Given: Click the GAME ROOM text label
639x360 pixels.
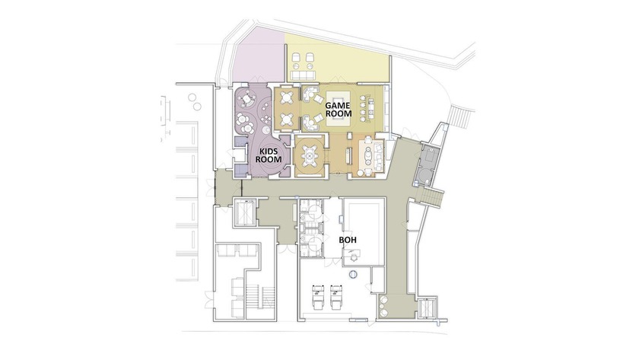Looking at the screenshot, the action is pos(338,110).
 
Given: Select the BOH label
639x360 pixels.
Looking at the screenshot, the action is pos(347,241).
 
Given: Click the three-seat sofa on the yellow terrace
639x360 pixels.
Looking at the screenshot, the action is pos(304,75).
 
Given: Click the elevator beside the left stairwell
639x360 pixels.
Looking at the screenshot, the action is pos(245,212).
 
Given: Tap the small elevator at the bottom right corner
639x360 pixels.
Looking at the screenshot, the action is pos(427,307).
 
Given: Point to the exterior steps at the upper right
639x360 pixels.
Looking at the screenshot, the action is pos(460,117).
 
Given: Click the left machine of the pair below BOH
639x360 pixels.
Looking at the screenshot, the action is pos(317,298).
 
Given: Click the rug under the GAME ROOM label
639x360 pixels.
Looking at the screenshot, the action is pos(339,107).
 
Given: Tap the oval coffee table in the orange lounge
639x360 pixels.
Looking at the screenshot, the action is pos(368,155).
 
